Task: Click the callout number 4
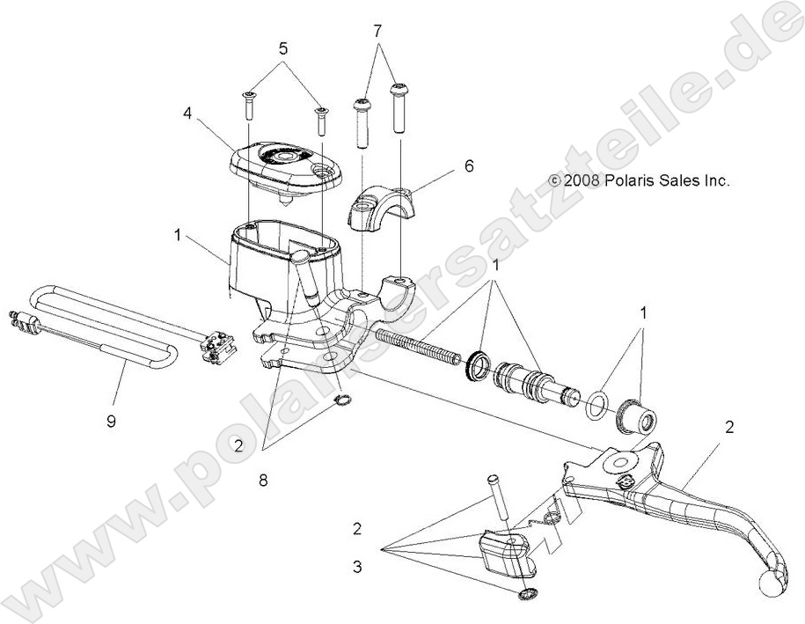click(187, 113)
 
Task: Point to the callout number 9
click(111, 421)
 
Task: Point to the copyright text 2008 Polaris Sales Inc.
click(640, 180)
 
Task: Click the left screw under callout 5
click(248, 106)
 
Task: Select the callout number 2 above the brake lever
click(729, 428)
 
